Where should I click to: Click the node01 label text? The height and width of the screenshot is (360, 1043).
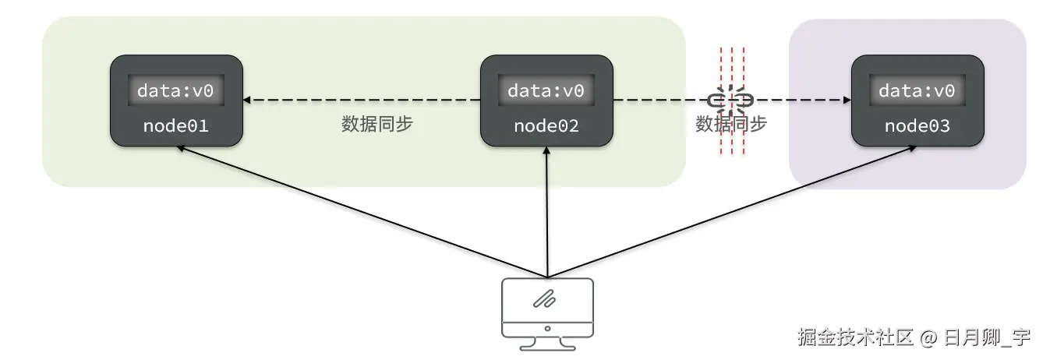coord(175,125)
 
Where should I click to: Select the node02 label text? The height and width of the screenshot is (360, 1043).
coord(546,125)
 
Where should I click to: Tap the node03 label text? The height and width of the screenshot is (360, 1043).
coord(917,125)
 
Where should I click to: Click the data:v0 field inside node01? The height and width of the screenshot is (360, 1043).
coord(175,91)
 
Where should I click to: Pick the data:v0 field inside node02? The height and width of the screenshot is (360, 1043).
coord(546,91)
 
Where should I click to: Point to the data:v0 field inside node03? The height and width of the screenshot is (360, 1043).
coord(917,91)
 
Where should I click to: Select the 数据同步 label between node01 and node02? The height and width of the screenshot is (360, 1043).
coord(377,125)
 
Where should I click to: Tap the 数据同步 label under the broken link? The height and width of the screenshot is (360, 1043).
coord(731,125)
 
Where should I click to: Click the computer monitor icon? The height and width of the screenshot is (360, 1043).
coord(547,308)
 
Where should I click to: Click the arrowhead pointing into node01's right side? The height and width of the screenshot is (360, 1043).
coord(248,101)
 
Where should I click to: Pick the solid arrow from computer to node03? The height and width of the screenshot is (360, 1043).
coord(733,211)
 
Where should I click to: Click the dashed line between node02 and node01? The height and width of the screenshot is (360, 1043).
coord(362,101)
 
